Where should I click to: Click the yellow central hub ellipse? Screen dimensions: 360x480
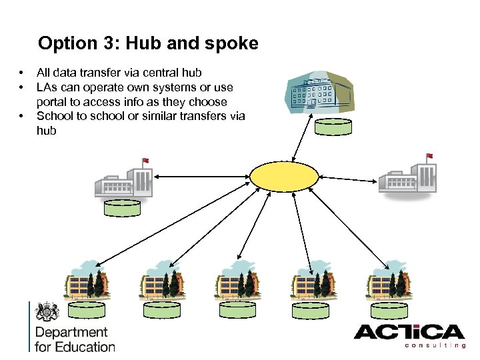click(285, 177)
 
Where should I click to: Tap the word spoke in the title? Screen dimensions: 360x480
click(230, 44)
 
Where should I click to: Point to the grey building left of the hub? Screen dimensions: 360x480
click(123, 179)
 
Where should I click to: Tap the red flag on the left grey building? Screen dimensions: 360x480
click(145, 161)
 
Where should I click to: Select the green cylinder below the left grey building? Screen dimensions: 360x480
click(123, 207)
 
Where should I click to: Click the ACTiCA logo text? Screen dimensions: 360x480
click(409, 333)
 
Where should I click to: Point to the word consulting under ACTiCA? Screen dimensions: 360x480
click(435, 345)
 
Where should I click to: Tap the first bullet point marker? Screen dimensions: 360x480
click(21, 73)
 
